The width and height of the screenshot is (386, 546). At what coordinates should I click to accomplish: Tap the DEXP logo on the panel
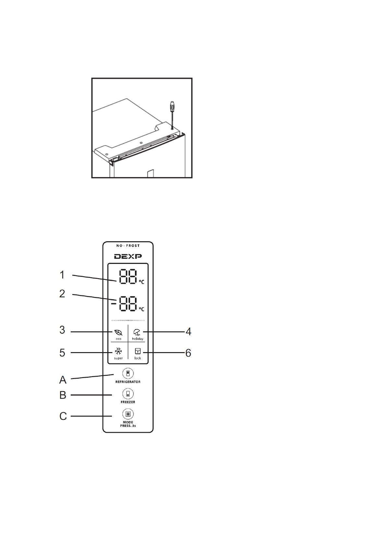tap(128, 256)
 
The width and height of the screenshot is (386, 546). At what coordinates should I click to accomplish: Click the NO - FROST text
tap(128, 246)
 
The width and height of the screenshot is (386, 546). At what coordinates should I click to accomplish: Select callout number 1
tap(62, 275)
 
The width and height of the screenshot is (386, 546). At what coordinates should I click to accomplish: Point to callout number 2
tap(62, 294)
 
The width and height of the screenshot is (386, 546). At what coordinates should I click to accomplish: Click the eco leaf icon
tap(118, 332)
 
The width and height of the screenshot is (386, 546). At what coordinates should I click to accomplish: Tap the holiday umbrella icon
tap(137, 332)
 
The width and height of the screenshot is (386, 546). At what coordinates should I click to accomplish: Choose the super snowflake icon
tap(118, 351)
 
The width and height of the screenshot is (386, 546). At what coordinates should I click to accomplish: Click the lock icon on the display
tap(138, 351)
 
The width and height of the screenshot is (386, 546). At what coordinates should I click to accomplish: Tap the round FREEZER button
tap(128, 394)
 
